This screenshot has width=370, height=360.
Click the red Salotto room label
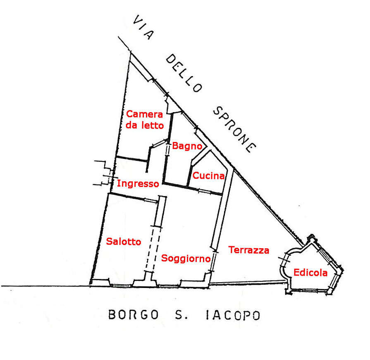point(124,242)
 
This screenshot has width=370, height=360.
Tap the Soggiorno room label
point(186,258)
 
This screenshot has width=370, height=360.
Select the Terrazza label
point(248,250)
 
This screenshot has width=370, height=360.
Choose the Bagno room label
point(187,146)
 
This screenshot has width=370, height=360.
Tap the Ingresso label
point(138,184)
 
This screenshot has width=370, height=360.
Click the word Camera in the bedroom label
point(144,114)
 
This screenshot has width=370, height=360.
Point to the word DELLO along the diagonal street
point(184,73)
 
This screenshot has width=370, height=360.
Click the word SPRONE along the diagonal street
point(234,129)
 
